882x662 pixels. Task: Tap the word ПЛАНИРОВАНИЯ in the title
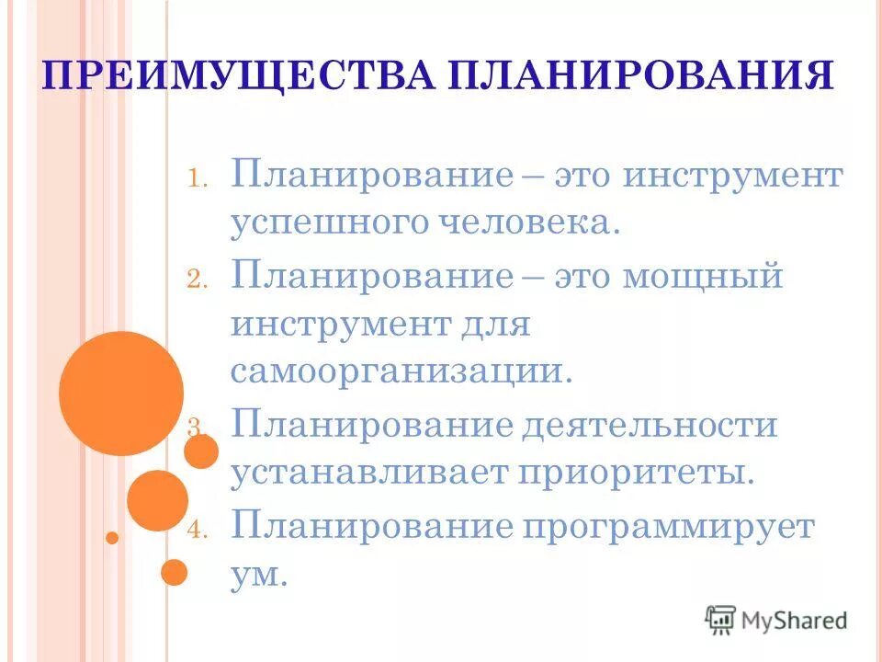point(642,75)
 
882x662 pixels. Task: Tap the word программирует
point(681,527)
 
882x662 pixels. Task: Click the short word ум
point(259,576)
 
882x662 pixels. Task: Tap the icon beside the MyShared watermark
point(721,621)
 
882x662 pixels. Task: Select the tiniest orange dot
point(112,537)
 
